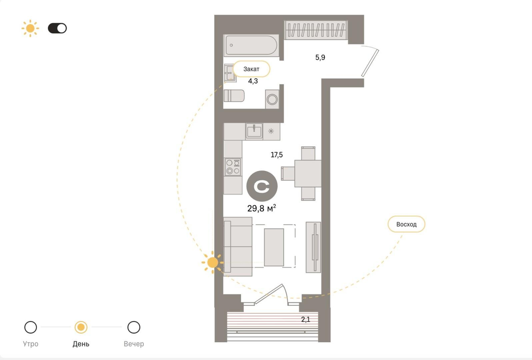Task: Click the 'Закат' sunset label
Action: coord(251,69)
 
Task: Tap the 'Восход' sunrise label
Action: coord(406,224)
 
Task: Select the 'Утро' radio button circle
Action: coord(31,327)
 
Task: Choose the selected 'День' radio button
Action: coord(81,327)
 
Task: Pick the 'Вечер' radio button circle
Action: coord(133,327)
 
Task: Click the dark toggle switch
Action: coord(57,28)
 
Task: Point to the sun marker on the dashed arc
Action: coord(213,262)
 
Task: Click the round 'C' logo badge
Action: coord(262,186)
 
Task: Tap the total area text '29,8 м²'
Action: coord(262,208)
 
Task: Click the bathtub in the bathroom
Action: coord(251,45)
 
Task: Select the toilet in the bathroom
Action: coord(234,96)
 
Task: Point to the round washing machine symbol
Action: coord(272,99)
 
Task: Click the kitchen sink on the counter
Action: coord(254,131)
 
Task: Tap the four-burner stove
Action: coord(233,167)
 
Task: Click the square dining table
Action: coord(308,173)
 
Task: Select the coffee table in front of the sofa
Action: coord(274,247)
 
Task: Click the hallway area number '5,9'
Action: coord(320,57)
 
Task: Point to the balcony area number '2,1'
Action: coord(306,319)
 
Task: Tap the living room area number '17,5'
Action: coord(276,155)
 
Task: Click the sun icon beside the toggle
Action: coord(30,28)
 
